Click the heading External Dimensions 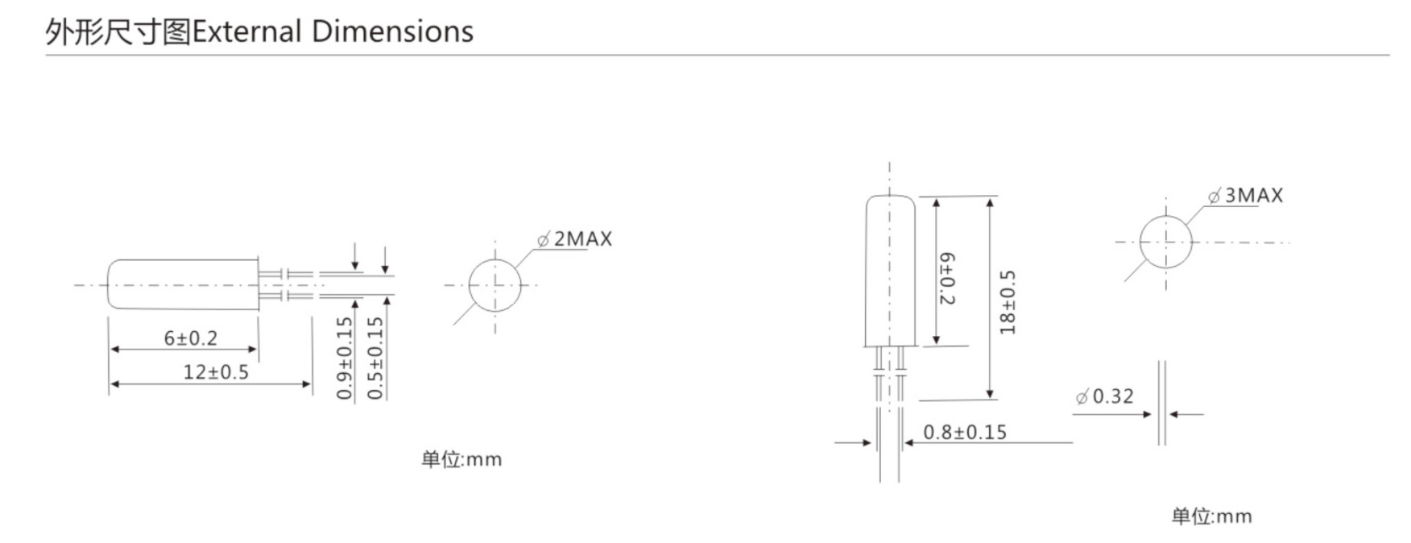[x=333, y=31]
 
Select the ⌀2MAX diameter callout [x=574, y=239]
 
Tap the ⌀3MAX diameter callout [x=1245, y=196]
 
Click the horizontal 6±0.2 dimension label [x=191, y=338]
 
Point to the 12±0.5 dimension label [x=216, y=372]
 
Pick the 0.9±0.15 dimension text [x=345, y=359]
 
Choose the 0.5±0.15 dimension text [x=375, y=359]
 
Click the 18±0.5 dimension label [x=1008, y=302]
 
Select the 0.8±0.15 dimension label [x=965, y=433]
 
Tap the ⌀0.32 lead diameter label [x=1104, y=396]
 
